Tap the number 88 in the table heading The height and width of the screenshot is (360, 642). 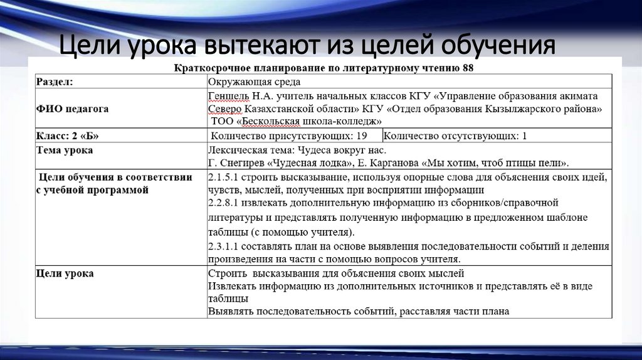[468, 68]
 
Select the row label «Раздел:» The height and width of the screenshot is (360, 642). [54, 81]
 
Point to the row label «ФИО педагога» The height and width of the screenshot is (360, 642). [72, 109]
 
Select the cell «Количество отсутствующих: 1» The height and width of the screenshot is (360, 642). [455, 135]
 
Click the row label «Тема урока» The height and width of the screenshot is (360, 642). [65, 151]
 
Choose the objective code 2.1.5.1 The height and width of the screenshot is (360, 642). [224, 177]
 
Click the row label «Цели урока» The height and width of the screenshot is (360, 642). [65, 273]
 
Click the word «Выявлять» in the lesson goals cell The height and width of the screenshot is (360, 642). [230, 311]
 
